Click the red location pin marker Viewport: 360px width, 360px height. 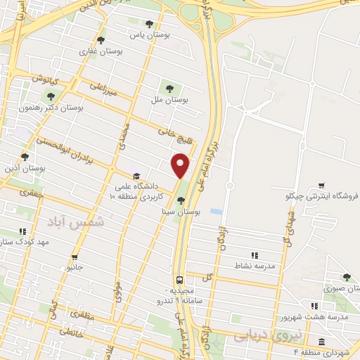point(181,165)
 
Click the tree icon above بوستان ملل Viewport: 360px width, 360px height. point(169,88)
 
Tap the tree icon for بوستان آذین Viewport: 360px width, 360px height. point(25,157)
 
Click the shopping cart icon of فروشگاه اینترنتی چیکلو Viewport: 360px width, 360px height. point(321,185)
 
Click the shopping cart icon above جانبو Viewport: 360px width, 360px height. point(75,257)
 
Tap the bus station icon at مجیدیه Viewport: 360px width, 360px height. point(180,278)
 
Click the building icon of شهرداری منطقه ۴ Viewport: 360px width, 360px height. point(321,342)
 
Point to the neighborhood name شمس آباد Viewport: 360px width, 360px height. point(75,222)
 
